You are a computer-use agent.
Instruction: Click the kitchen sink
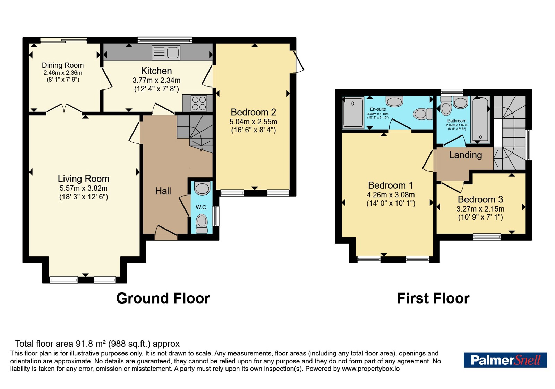pyautogui.click(x=166, y=52)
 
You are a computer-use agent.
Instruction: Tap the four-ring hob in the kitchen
pyautogui.click(x=199, y=103)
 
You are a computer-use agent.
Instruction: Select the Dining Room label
pyautogui.click(x=63, y=65)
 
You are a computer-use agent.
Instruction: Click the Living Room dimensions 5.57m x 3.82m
pyautogui.click(x=84, y=188)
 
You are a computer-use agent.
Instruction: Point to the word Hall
pyautogui.click(x=163, y=191)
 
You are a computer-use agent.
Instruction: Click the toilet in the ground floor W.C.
pyautogui.click(x=202, y=224)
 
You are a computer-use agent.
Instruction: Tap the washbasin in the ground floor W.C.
pyautogui.click(x=202, y=188)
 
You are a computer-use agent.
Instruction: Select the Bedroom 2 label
pyautogui.click(x=253, y=113)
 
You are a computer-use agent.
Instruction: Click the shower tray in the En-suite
pyautogui.click(x=353, y=113)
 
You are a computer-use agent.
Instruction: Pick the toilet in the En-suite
pyautogui.click(x=423, y=114)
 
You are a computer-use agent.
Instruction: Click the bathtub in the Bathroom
pyautogui.click(x=480, y=120)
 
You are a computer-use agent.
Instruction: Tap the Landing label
pyautogui.click(x=465, y=155)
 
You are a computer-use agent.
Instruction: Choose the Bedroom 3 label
pyautogui.click(x=480, y=199)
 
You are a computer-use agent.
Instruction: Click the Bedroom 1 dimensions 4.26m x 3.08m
pyautogui.click(x=391, y=195)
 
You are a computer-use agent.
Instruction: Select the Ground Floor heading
pyautogui.click(x=163, y=298)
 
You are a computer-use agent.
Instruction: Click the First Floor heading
pyautogui.click(x=433, y=298)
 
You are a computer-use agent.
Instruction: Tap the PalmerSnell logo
pyautogui.click(x=505, y=360)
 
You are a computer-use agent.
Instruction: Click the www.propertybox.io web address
pyautogui.click(x=371, y=369)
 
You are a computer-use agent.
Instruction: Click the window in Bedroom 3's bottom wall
pyautogui.click(x=487, y=237)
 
